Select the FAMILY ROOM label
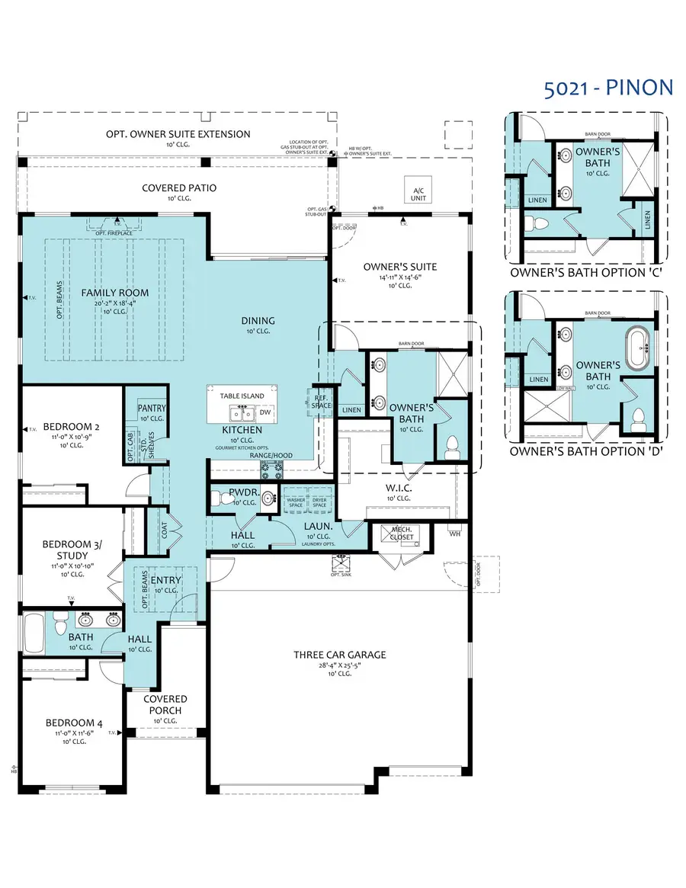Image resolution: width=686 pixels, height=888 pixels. tap(116, 293)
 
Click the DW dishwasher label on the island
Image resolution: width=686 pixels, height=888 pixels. tap(265, 412)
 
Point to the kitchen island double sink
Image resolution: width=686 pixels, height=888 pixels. tap(243, 414)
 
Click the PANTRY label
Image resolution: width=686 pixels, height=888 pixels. tap(152, 409)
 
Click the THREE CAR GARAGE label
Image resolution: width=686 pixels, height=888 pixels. tap(340, 654)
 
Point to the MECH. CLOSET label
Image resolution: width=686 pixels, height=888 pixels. tap(402, 533)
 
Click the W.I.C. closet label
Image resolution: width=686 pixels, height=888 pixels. tap(399, 489)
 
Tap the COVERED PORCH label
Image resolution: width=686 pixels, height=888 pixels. tap(165, 704)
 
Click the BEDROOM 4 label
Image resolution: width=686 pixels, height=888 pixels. tap(73, 723)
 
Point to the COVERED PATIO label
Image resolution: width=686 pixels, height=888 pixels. tap(179, 188)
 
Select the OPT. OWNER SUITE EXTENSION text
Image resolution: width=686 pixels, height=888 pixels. tap(178, 134)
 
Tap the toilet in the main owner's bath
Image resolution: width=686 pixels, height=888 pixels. tap(450, 445)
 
